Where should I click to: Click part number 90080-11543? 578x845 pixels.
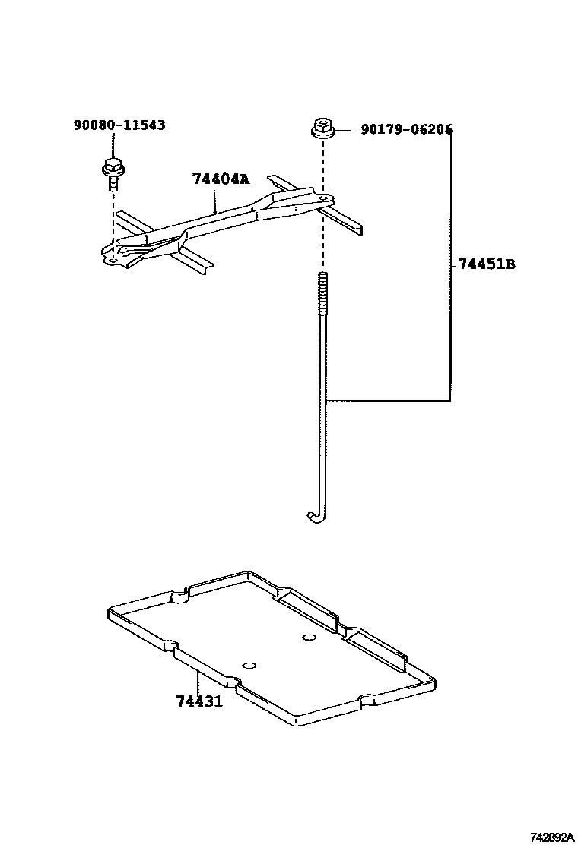click(119, 125)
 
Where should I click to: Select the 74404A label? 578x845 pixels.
click(220, 179)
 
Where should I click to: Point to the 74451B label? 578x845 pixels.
click(487, 264)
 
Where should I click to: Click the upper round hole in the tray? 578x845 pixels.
click(308, 637)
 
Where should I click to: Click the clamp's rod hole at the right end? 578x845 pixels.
click(325, 198)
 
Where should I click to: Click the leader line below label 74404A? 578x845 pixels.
click(215, 201)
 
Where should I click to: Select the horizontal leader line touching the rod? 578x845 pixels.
click(388, 400)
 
